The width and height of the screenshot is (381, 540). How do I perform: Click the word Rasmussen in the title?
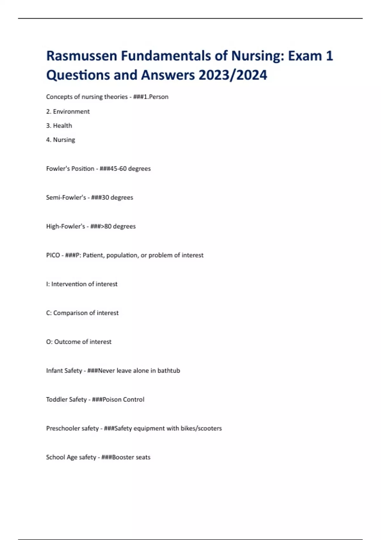point(82,56)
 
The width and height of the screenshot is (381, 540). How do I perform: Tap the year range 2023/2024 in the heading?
point(233,75)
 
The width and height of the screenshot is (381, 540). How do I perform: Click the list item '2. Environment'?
point(68,111)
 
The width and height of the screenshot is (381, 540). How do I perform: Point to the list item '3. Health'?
point(59,125)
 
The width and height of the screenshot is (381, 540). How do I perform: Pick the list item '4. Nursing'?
point(61,140)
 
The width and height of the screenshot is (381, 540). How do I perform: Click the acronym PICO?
point(53,255)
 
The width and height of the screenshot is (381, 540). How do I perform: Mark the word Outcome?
point(67,342)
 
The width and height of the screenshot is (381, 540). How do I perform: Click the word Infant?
point(54,371)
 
